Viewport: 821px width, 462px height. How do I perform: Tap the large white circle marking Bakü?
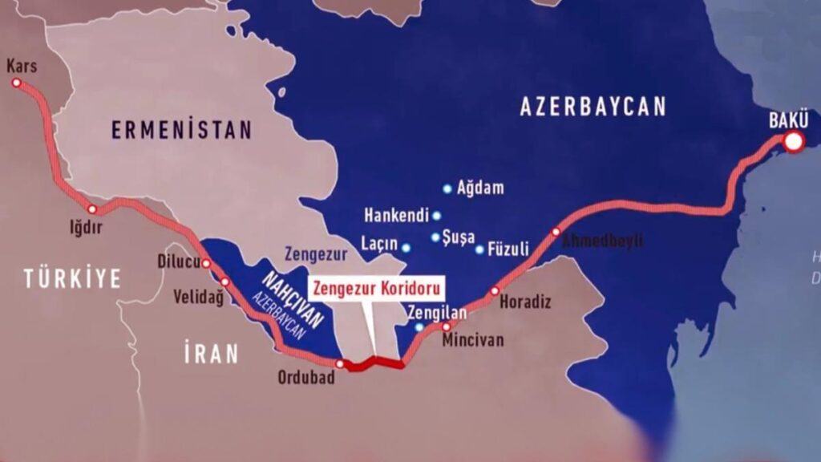(x=794, y=143)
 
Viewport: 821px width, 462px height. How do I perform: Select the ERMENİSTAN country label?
(x=181, y=130)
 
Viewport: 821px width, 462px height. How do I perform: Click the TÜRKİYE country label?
(x=72, y=279)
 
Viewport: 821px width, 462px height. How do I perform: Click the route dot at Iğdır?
(x=92, y=209)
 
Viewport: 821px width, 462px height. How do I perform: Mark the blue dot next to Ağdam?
(x=447, y=189)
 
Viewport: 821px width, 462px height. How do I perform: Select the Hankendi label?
(x=397, y=216)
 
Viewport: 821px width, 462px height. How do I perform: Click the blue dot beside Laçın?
(x=406, y=248)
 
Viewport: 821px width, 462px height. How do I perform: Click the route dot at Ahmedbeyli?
(x=556, y=232)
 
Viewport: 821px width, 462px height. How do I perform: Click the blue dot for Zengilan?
(x=419, y=327)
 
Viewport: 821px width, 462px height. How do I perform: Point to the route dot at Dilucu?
(x=206, y=263)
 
